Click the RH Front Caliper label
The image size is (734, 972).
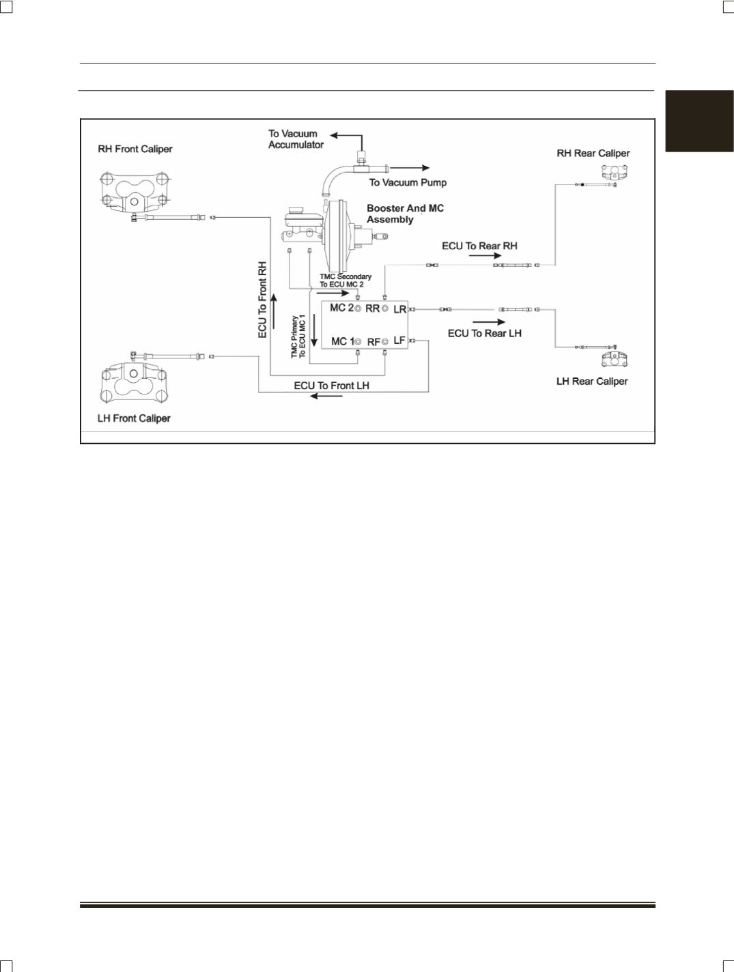click(135, 149)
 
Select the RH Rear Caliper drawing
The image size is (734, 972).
click(615, 172)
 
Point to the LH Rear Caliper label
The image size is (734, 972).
click(592, 382)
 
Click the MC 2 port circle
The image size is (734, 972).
click(358, 309)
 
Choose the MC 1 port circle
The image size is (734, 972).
click(358, 342)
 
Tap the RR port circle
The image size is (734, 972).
click(385, 309)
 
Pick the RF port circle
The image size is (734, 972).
click(385, 341)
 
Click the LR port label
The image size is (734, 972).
click(399, 309)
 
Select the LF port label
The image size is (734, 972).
click(399, 340)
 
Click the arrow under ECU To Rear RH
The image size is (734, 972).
click(485, 255)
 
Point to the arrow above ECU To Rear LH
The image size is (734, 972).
click(489, 322)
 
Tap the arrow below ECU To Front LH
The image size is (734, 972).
click(326, 396)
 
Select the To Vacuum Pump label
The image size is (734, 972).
click(408, 182)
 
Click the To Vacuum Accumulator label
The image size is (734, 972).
click(296, 139)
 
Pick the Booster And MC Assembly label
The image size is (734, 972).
click(405, 214)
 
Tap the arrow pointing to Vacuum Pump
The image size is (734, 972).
click(410, 168)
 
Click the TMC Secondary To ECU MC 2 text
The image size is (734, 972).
click(345, 281)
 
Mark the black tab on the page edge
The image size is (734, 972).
click(699, 121)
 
